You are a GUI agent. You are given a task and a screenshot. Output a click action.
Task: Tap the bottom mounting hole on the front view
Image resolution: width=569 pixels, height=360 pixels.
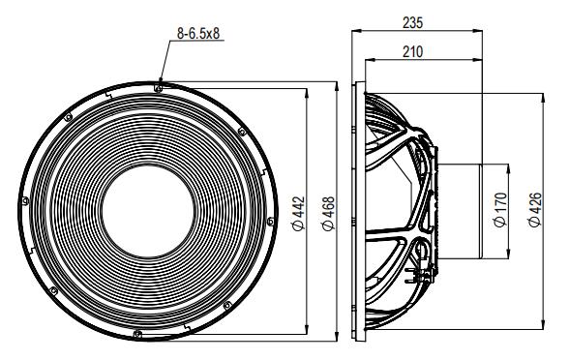click(x=141, y=335)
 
